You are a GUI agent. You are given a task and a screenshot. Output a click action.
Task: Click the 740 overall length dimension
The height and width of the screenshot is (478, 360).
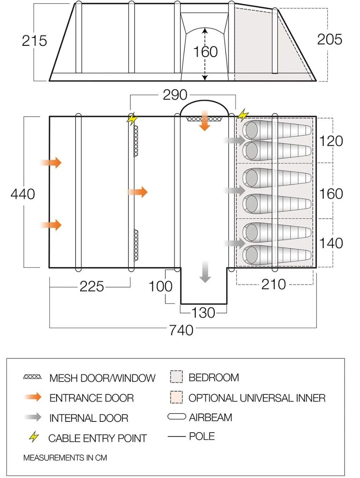pos(182,330)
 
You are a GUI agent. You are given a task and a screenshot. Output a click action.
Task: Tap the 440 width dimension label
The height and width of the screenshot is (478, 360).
pos(23,194)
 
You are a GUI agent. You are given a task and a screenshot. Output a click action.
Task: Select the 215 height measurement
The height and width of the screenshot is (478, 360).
pos(34,41)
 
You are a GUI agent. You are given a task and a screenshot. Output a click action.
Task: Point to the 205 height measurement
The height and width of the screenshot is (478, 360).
pos(330,39)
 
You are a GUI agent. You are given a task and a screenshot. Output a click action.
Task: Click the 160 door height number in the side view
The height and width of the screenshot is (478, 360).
pos(205,52)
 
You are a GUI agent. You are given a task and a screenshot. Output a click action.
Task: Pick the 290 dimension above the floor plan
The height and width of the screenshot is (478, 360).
pos(175,95)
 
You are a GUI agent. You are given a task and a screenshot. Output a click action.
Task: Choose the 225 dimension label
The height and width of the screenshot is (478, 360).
pos(92,286)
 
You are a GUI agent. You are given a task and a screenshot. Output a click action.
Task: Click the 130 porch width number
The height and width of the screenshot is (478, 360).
pos(203,313)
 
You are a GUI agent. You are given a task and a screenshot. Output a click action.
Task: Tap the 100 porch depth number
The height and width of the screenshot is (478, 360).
pos(160,286)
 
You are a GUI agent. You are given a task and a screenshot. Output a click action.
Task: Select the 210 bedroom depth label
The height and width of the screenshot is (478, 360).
pos(274,284)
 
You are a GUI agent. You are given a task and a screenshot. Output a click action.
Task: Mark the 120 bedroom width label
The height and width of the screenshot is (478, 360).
pos(331,141)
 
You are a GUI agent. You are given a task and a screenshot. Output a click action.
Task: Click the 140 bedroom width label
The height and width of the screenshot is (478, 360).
pos(331,243)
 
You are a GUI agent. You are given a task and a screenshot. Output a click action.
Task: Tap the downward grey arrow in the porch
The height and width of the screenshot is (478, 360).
pos(205,272)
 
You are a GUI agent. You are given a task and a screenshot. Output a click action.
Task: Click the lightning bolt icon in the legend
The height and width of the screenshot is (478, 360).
pos(35,438)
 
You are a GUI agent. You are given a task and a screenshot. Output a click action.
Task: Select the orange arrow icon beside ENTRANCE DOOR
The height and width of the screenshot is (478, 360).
pos(32,397)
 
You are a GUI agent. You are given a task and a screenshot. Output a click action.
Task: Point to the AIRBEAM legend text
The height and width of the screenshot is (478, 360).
pos(210,417)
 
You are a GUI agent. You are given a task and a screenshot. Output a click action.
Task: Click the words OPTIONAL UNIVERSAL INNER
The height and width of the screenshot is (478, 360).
pos(257,398)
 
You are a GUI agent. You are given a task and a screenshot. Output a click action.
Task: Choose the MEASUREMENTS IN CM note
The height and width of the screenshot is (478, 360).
pos(65,458)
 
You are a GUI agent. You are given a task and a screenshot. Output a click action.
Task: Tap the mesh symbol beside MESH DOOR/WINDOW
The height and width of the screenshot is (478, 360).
pos(32,377)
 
